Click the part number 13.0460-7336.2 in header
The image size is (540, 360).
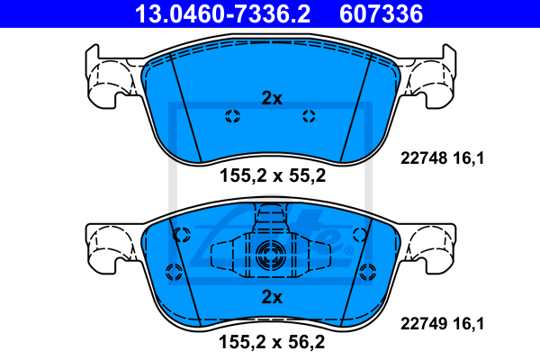pyautogui.click(x=222, y=13)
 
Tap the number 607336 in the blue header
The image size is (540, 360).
pyautogui.click(x=381, y=13)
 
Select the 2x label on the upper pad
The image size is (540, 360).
pyautogui.click(x=272, y=98)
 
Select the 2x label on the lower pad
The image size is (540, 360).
pyautogui.click(x=272, y=297)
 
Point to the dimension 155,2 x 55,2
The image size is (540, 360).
pyautogui.click(x=273, y=175)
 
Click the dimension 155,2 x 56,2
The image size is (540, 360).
pyautogui.click(x=272, y=342)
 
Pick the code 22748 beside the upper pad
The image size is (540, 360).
pyautogui.click(x=423, y=158)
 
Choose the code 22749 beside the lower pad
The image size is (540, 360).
pyautogui.click(x=423, y=323)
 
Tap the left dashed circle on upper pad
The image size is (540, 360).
pyautogui.click(x=233, y=116)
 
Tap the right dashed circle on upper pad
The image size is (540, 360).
pyautogui.click(x=309, y=116)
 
